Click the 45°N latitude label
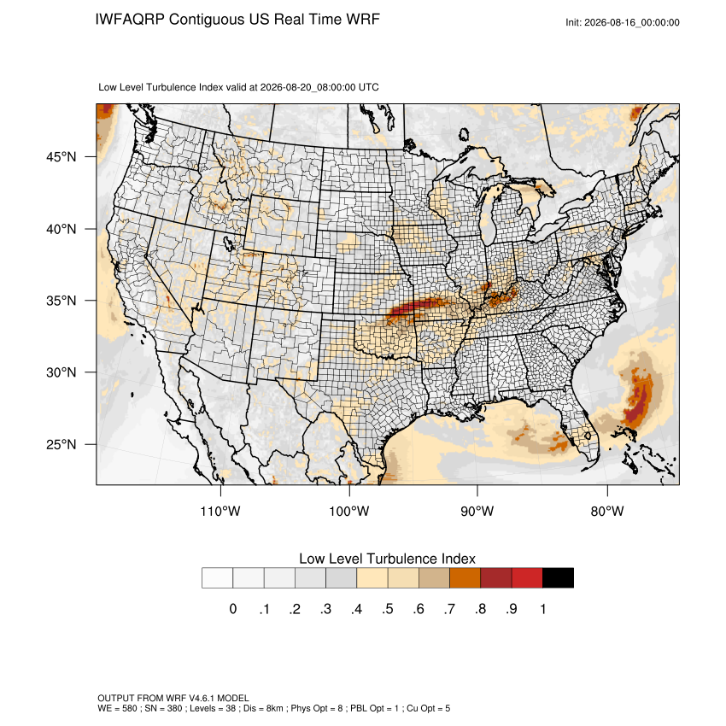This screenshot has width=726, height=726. (61, 157)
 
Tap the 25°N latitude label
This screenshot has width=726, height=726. (61, 444)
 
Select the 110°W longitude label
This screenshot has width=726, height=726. (220, 511)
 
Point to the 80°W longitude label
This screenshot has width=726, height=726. (607, 511)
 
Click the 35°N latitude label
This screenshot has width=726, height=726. (61, 301)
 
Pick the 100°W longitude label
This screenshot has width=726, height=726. (349, 511)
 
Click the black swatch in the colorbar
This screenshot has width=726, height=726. (558, 578)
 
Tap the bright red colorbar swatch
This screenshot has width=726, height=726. (527, 578)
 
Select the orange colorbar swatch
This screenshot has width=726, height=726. (465, 578)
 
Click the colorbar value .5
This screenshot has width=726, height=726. (388, 609)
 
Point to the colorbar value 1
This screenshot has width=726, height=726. (543, 609)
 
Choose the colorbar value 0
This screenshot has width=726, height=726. (233, 609)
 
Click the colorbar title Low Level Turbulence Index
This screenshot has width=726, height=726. (387, 559)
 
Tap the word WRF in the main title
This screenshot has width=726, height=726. (364, 20)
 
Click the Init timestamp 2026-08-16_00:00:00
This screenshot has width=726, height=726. (631, 22)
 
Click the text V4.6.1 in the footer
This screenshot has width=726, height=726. (202, 698)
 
